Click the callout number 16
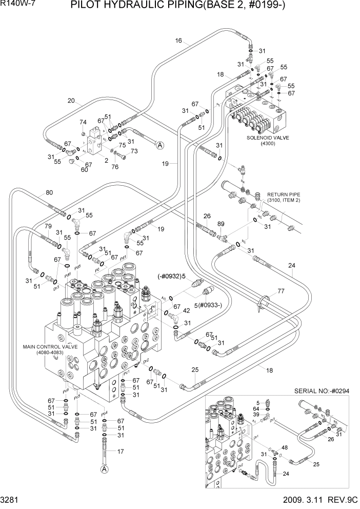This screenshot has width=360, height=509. click(178, 41)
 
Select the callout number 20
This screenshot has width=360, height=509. click(71, 101)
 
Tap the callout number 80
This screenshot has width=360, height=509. click(49, 193)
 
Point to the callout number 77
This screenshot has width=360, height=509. click(281, 291)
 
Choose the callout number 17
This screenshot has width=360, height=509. click(121, 452)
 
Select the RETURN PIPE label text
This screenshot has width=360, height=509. click(283, 194)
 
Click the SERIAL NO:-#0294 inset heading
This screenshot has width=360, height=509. click(322, 391)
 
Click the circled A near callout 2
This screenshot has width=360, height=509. click(160, 145)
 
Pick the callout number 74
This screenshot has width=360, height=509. click(83, 122)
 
